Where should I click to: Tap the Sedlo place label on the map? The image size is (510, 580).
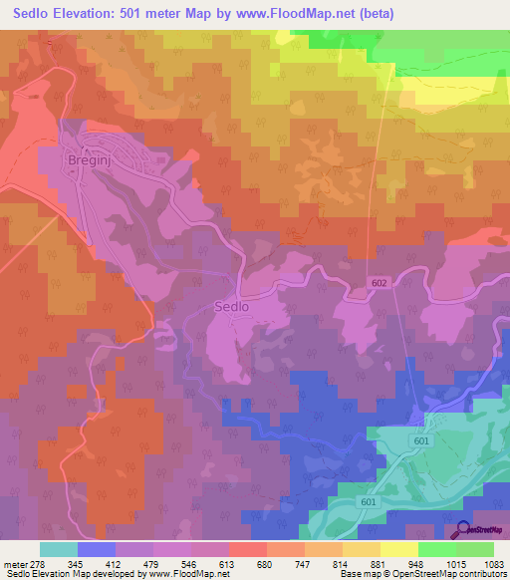[x=231, y=307]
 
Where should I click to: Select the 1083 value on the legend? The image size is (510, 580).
[x=494, y=564]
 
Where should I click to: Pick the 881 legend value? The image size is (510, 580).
[x=381, y=564]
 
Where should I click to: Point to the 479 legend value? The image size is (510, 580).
[x=153, y=564]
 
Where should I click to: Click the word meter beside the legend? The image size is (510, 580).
[x=15, y=564]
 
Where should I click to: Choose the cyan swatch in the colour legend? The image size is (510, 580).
[x=59, y=549]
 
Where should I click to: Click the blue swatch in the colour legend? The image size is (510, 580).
[x=97, y=549]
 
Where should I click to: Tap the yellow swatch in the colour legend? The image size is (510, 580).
[x=398, y=549]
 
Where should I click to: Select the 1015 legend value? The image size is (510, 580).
[x=455, y=564]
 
